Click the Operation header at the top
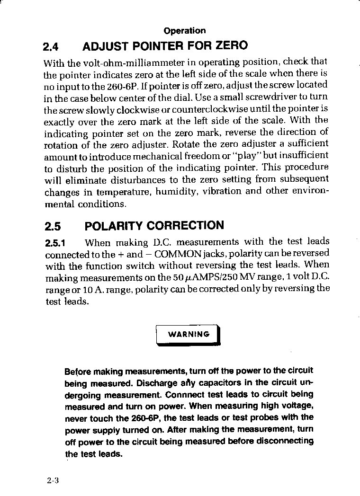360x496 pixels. tap(185, 31)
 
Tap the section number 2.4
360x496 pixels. tap(50, 47)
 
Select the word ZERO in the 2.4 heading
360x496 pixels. tap(232, 46)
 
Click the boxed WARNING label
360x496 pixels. tap(189, 334)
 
